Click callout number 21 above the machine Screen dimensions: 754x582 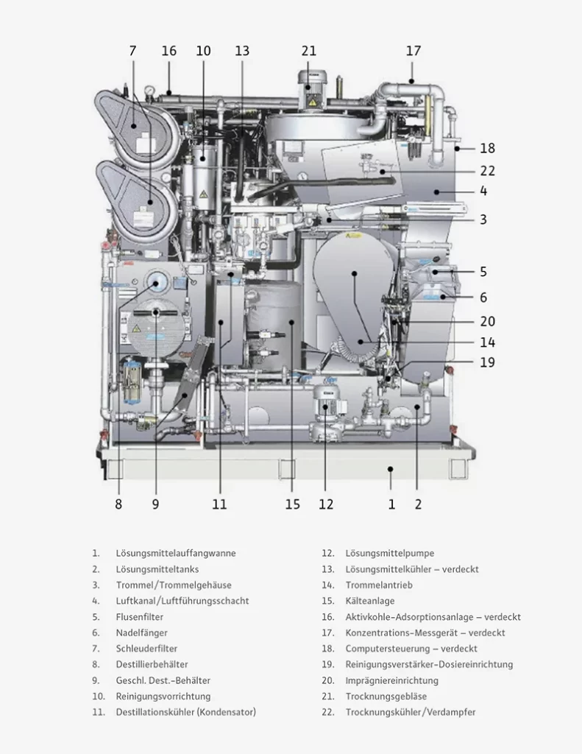coord(309,51)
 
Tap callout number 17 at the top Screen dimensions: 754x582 coord(414,51)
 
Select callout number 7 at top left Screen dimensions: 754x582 coord(132,51)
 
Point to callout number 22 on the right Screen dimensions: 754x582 coord(487,171)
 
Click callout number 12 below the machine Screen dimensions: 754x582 coord(326,504)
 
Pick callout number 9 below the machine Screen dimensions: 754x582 coord(155,504)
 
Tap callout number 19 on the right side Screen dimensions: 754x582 coord(487,362)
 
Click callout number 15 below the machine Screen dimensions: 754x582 coord(293,504)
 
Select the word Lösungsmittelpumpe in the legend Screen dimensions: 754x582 coord(389,553)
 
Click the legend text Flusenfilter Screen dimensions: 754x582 coord(139,617)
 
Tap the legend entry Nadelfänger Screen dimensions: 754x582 coord(141,633)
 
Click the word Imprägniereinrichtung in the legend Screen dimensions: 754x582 coord(391,680)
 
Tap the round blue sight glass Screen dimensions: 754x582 coord(157,282)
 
